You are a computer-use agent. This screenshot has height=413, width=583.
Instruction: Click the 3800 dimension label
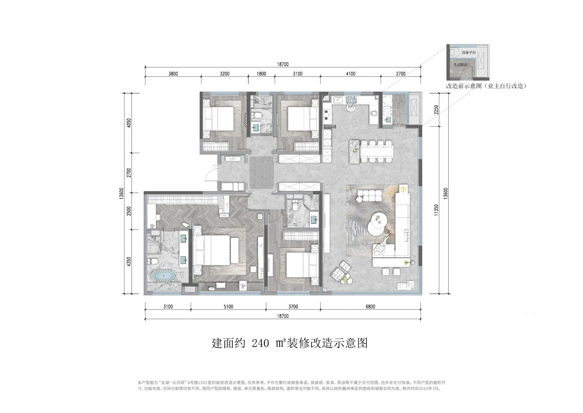(x=173, y=74)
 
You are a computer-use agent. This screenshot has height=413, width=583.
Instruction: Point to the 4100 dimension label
(x=351, y=74)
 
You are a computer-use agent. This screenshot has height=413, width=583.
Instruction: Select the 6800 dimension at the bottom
(x=370, y=307)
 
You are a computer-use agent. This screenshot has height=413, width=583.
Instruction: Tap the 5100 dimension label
(x=228, y=307)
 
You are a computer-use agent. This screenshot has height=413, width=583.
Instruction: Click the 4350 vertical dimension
(x=129, y=262)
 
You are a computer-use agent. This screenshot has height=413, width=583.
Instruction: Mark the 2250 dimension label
(x=436, y=110)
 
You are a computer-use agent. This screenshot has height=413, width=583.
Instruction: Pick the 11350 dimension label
(x=436, y=210)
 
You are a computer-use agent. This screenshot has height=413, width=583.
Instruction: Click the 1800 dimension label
(x=261, y=74)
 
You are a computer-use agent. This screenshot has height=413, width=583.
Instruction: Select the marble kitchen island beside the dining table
(x=354, y=152)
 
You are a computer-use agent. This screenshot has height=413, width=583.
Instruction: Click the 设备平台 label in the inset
(x=469, y=53)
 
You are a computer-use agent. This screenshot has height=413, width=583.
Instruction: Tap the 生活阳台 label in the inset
(x=461, y=65)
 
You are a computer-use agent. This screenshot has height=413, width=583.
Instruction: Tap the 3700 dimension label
(x=293, y=307)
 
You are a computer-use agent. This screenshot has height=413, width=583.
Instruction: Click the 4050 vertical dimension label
(x=129, y=123)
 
